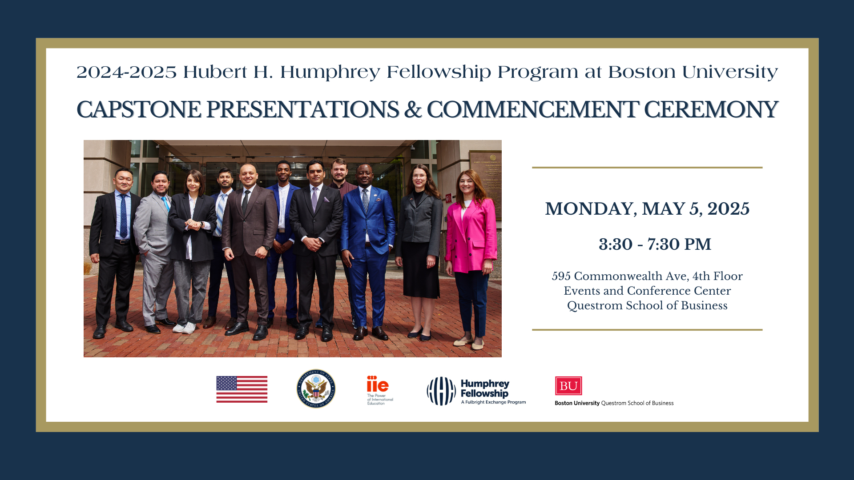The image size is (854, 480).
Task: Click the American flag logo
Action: tap(242, 389)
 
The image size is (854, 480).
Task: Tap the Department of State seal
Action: tap(316, 389)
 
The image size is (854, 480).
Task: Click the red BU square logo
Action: tap(568, 386)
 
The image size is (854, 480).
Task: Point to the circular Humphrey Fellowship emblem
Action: tap(441, 391)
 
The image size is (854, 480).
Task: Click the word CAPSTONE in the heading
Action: tap(138, 110)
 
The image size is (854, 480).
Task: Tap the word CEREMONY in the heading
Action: tap(711, 110)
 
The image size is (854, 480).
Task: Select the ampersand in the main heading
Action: tap(413, 110)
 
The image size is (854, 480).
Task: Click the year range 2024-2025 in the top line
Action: tap(127, 72)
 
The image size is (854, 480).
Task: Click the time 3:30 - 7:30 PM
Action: tap(655, 244)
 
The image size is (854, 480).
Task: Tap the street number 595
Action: tap(561, 276)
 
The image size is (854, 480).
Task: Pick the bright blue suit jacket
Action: tap(368, 220)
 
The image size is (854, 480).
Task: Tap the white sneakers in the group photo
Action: tap(185, 328)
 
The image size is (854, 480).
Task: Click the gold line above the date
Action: tap(647, 168)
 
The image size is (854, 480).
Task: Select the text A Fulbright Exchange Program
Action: tap(493, 402)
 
